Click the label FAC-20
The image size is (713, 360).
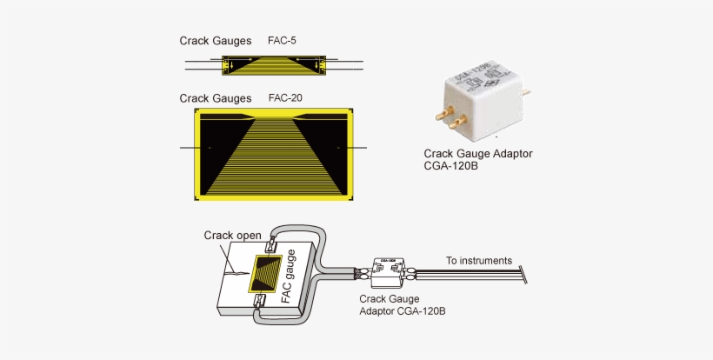pyautogui.click(x=286, y=98)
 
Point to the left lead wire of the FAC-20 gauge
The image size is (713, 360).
pyautogui.click(x=189, y=149)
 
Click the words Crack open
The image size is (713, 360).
pyautogui.click(x=232, y=235)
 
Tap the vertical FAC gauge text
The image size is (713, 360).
pyautogui.click(x=290, y=276)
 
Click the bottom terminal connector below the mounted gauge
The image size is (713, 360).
pyautogui.click(x=260, y=302)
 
